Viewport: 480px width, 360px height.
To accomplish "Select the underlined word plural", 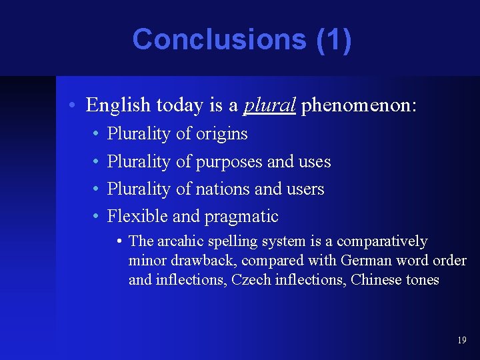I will coord(269,105).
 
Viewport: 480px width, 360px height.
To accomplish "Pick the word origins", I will coord(221,134).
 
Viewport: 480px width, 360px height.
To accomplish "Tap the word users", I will coord(305,189).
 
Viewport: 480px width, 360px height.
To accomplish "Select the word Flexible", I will coord(137,217).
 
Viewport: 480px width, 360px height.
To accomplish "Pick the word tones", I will coord(423,280).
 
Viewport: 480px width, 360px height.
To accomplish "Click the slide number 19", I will coord(462,341).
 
